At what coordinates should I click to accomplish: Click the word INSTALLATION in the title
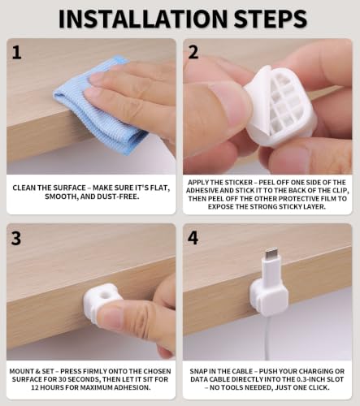[x=143, y=19]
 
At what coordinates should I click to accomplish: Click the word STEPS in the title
[x=270, y=19]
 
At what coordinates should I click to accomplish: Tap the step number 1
[x=17, y=53]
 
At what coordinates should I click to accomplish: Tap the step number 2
[x=193, y=52]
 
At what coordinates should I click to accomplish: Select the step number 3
[x=16, y=239]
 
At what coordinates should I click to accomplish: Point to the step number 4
[x=193, y=239]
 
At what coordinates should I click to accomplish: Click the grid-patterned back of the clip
[x=284, y=103]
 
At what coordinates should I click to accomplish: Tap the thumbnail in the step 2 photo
[x=230, y=104]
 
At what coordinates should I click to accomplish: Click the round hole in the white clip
[x=103, y=294]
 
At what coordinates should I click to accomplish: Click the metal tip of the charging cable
[x=271, y=253]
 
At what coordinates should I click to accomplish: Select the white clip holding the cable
[x=269, y=297]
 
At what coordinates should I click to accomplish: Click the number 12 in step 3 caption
[x=35, y=387]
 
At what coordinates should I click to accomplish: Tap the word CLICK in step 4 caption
[x=318, y=387]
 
